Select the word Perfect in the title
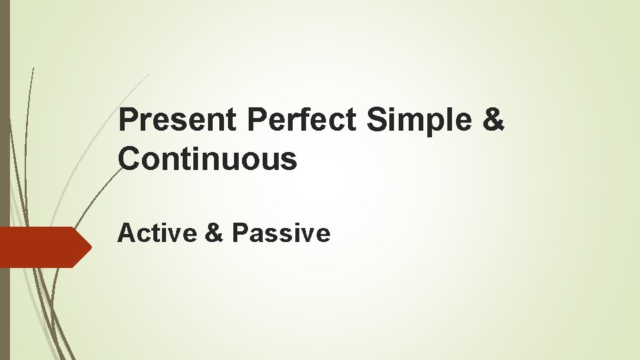tap(303, 120)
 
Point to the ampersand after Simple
tap(493, 120)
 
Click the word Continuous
tap(207, 159)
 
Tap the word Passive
tap(281, 233)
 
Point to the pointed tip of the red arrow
tap(91, 247)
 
